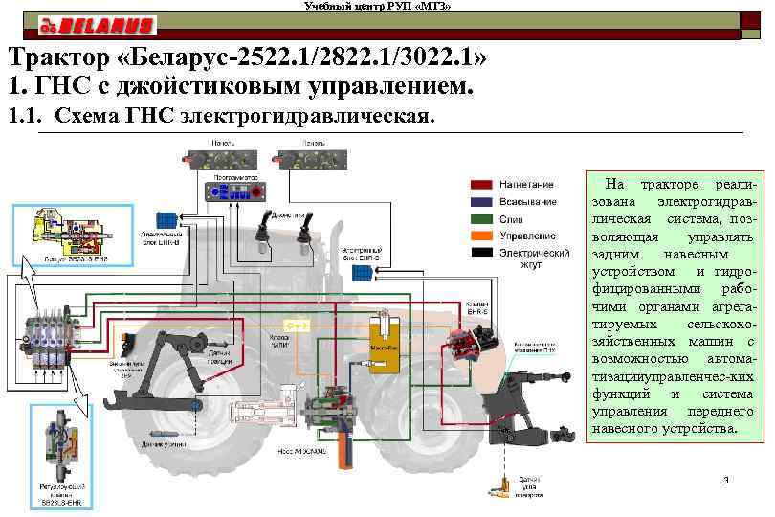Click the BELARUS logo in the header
coord(96,24)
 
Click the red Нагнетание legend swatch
coord(481,184)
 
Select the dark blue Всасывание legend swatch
coord(481,201)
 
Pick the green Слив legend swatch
coord(481,218)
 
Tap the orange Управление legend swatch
coord(481,236)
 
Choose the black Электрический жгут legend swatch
coord(481,253)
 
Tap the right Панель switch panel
coord(312,157)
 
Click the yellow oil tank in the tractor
coord(388,348)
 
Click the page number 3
coord(726,480)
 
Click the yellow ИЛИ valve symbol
coord(300,326)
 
